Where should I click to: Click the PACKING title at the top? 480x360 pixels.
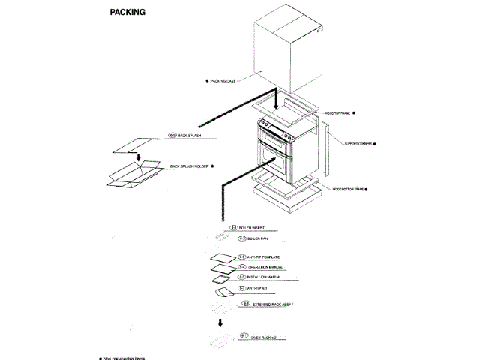click(127, 13)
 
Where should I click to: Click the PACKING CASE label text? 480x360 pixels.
click(223, 80)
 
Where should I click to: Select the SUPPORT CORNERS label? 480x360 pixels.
click(359, 142)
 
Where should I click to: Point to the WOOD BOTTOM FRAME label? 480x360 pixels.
click(348, 190)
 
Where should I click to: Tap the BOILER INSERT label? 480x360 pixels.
click(256, 226)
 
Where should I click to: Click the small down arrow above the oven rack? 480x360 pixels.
click(220, 322)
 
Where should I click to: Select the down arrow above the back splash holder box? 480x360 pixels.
click(139, 157)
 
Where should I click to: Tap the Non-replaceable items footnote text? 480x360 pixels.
click(124, 358)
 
